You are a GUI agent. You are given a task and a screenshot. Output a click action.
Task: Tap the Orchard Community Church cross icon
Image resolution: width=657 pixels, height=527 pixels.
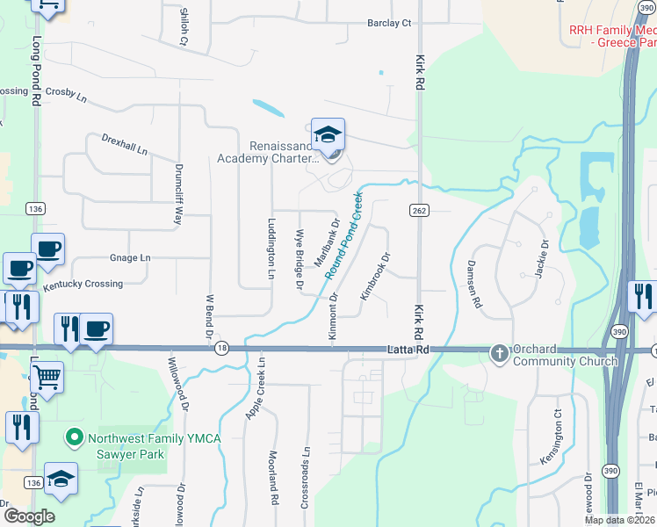coord(499,353)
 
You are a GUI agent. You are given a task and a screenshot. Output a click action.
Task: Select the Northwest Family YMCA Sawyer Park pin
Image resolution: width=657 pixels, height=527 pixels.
coord(75,437)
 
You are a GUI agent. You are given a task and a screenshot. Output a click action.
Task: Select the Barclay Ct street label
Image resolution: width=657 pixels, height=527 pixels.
coord(390,24)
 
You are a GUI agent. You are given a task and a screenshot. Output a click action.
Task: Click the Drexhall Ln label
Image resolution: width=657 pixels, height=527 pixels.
coord(124,145)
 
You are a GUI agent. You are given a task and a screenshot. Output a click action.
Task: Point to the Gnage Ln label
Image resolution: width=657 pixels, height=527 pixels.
coord(130,258)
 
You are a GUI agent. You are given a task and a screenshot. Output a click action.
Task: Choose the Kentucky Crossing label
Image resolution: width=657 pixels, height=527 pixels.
coord(83,285)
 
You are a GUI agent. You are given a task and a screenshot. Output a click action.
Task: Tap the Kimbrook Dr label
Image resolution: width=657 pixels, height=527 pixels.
coord(374,278)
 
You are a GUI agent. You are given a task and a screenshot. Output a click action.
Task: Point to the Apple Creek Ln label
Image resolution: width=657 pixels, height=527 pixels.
coord(256,388)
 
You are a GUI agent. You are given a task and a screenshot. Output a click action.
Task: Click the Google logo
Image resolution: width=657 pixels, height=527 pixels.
coord(28,516)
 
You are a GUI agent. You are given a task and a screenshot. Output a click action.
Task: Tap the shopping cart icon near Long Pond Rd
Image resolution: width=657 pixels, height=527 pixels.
coord(47,379)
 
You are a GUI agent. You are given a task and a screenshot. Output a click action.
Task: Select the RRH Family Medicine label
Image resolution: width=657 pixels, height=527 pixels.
coord(612,35)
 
